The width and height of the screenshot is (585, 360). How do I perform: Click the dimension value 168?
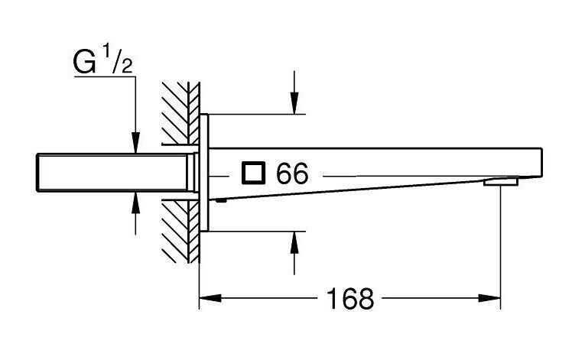(350, 298)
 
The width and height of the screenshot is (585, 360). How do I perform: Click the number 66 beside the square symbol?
(292, 174)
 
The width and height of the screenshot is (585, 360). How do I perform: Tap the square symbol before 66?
(253, 173)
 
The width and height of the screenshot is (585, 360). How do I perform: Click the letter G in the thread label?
(85, 63)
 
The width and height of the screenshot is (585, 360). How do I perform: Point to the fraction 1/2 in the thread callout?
(117, 60)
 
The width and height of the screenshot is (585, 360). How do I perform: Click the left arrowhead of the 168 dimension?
(210, 298)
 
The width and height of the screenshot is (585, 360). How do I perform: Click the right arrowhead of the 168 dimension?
(489, 298)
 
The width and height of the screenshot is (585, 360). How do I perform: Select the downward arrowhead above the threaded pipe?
(135, 142)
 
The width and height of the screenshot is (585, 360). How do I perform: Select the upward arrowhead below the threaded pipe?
(135, 203)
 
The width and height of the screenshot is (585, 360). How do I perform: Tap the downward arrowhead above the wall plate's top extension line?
(294, 102)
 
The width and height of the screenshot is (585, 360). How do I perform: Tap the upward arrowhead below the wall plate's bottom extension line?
(294, 242)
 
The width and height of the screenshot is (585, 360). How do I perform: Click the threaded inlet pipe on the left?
(112, 172)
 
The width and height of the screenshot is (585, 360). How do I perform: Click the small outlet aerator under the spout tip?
(501, 182)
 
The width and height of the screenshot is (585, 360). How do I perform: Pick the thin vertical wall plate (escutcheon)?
(204, 172)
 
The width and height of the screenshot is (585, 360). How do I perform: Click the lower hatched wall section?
(181, 232)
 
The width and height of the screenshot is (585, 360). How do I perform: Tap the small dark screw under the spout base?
(221, 201)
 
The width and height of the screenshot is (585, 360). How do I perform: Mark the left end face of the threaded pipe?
(37, 172)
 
